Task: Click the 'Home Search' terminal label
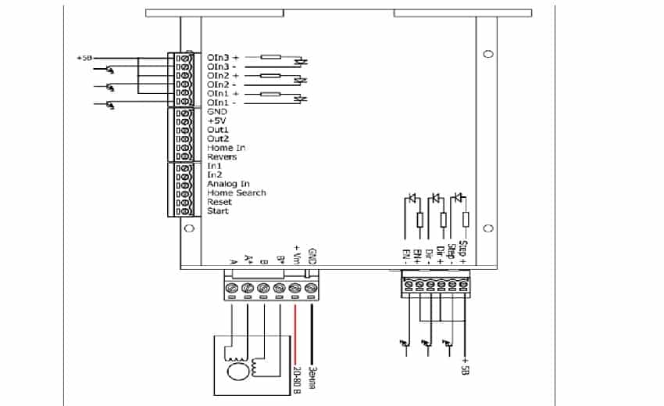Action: pyautogui.click(x=236, y=193)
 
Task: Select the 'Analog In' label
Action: pyautogui.click(x=228, y=184)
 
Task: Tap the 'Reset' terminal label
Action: pyautogui.click(x=219, y=202)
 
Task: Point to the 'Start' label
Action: pyautogui.click(x=218, y=211)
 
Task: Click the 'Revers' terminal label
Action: pyautogui.click(x=222, y=157)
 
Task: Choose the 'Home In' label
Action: pyautogui.click(x=226, y=148)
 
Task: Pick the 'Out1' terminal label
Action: pyautogui.click(x=218, y=130)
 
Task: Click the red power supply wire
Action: pyautogui.click(x=295, y=329)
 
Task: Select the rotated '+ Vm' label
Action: pyautogui.click(x=296, y=253)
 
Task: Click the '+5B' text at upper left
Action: pyautogui.click(x=84, y=58)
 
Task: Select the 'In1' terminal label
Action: pyautogui.click(x=214, y=166)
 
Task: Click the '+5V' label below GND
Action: pyautogui.click(x=216, y=121)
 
